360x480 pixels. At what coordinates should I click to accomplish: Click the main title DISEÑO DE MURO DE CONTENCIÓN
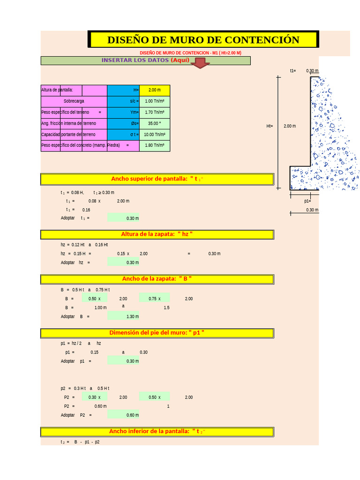[203, 40]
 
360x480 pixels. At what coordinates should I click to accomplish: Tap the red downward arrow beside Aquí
[200, 63]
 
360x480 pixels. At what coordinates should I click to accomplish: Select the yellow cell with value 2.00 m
[155, 90]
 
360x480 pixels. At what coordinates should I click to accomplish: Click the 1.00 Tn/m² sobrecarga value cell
[155, 101]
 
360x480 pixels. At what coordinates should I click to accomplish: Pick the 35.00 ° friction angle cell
[155, 123]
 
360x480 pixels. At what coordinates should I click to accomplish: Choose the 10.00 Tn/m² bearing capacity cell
[155, 135]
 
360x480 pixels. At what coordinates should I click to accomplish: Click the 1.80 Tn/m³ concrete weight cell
[155, 145]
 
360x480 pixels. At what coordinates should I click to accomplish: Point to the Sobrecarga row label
[74, 101]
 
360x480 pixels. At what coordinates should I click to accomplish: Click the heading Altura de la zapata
[157, 234]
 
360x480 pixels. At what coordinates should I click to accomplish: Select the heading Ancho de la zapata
[157, 279]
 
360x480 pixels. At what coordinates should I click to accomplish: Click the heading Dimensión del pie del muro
[157, 333]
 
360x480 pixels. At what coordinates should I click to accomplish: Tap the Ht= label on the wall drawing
[270, 126]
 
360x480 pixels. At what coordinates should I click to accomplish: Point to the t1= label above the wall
[293, 71]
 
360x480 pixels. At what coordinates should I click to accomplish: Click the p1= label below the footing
[307, 201]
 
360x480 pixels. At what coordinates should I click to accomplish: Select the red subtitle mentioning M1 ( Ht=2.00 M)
[190, 53]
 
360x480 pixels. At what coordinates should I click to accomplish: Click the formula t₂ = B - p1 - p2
[80, 442]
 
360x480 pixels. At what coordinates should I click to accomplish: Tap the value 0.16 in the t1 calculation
[86, 210]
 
